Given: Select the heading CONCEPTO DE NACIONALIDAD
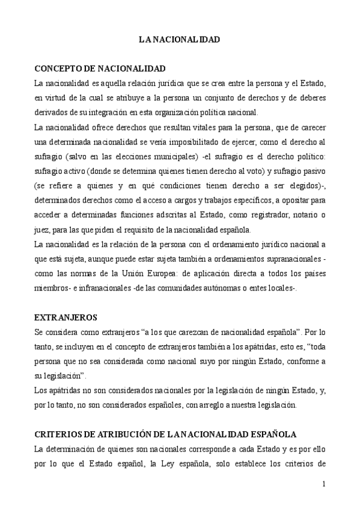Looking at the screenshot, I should point(100,69).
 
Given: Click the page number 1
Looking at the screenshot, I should point(323,484).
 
